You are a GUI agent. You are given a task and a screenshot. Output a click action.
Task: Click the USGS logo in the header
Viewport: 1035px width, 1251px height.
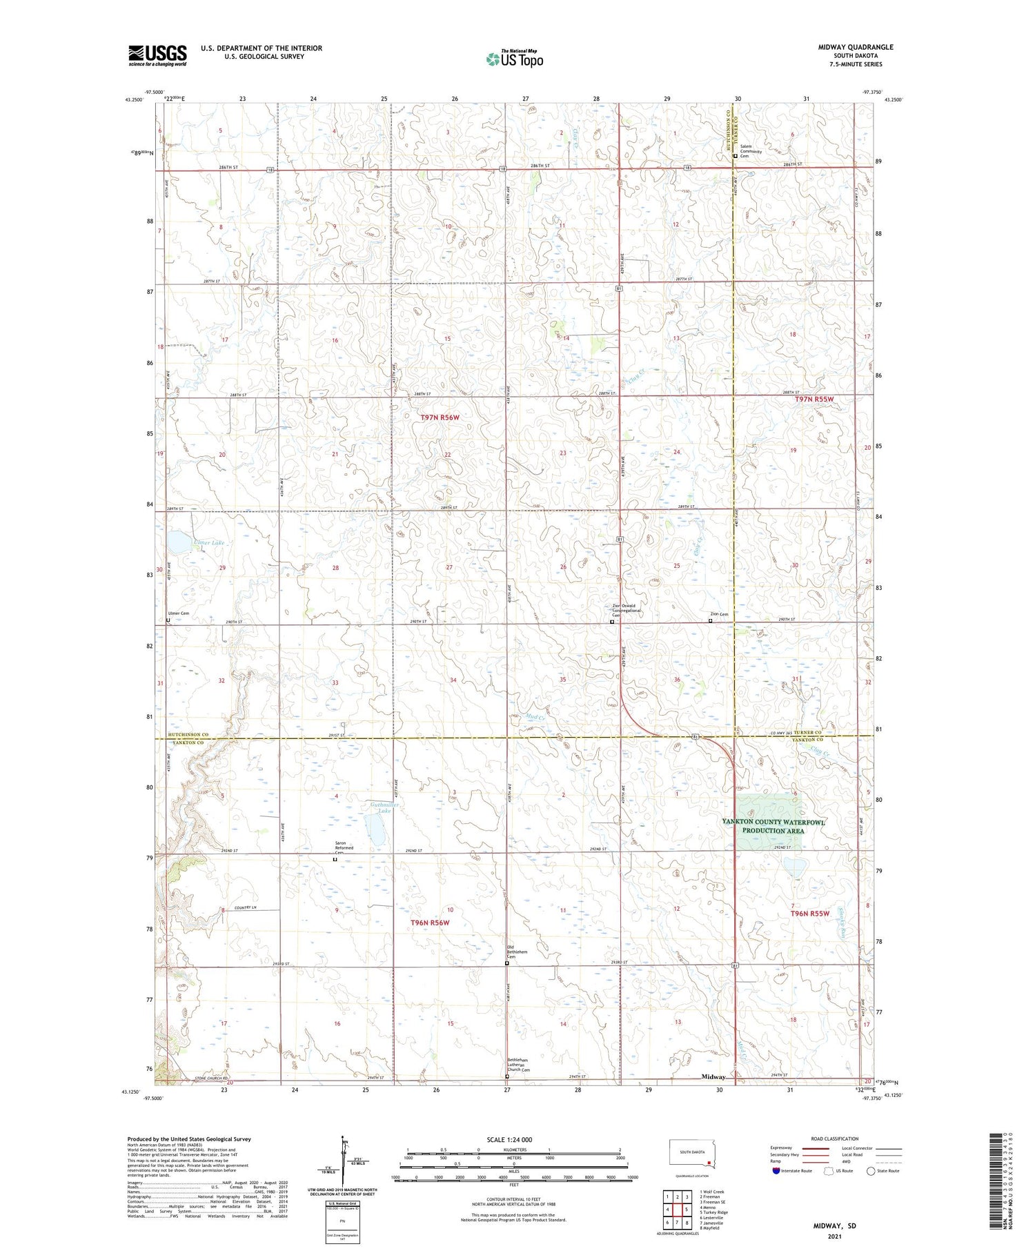(157, 55)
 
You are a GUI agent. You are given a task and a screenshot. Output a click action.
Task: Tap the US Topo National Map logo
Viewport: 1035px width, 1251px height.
(514, 59)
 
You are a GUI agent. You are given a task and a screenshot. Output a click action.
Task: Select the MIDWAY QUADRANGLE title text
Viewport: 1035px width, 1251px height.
(855, 48)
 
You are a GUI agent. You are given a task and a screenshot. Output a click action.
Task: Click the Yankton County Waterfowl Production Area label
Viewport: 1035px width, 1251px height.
(773, 826)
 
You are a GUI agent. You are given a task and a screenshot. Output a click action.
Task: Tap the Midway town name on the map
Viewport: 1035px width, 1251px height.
(713, 1076)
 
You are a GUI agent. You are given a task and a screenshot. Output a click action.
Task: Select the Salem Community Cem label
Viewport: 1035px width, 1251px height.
(751, 152)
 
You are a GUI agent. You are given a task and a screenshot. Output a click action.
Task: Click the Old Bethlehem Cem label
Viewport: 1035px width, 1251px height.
(517, 953)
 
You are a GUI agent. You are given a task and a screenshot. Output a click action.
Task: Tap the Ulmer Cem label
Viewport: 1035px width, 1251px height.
(178, 613)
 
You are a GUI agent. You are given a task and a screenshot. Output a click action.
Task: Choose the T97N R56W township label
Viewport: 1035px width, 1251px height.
(440, 417)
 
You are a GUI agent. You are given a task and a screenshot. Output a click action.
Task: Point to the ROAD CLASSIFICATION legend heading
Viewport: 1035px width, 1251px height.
(835, 1139)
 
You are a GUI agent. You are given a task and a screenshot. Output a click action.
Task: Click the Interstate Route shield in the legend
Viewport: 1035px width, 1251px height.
(776, 1171)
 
